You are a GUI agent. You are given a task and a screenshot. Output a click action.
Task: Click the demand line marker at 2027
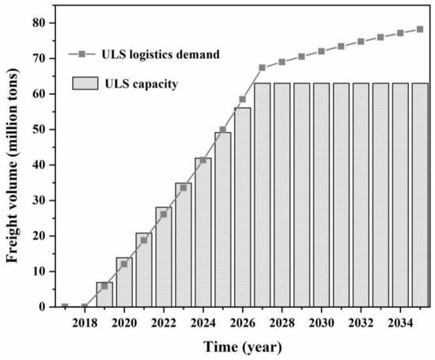[262, 67]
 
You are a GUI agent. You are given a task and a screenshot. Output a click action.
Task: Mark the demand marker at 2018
[85, 306]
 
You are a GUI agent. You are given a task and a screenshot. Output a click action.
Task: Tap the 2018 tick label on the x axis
[85, 323]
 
